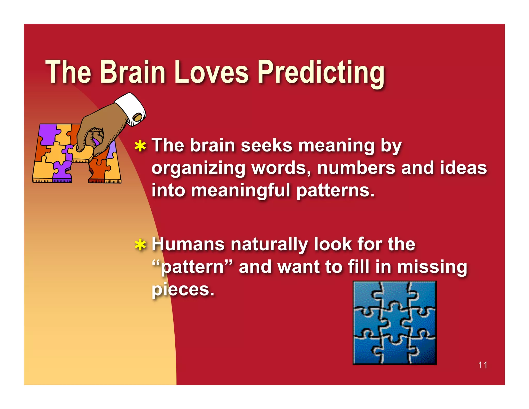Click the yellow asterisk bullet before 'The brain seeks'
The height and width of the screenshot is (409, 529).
coord(140,146)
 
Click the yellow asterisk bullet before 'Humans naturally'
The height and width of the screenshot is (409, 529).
coord(140,245)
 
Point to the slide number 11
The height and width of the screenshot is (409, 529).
coord(483,365)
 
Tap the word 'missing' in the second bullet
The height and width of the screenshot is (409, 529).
coord(432,267)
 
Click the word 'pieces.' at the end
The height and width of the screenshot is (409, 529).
coord(183,290)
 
